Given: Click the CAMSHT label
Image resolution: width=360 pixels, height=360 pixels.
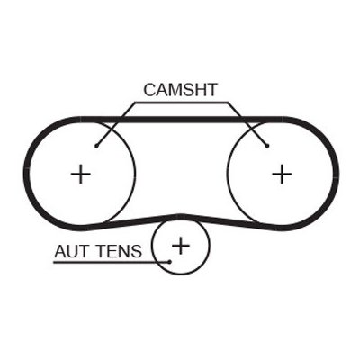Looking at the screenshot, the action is click(x=180, y=90).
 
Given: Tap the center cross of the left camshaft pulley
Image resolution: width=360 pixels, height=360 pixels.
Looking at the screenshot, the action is click(x=81, y=174).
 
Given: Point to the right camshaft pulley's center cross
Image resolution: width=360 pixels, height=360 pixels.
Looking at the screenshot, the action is click(x=282, y=174).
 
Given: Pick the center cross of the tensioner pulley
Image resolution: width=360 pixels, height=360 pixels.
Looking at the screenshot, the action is click(x=181, y=246).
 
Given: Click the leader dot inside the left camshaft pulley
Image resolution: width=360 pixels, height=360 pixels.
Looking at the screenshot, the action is click(x=96, y=146).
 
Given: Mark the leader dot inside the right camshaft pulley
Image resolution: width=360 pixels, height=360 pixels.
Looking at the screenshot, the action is click(x=267, y=146).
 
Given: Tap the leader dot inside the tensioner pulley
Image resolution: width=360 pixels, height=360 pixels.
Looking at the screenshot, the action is click(x=170, y=262).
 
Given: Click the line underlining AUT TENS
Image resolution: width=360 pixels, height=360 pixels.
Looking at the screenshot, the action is click(x=112, y=262).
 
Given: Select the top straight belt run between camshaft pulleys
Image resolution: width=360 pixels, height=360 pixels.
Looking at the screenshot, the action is click(x=182, y=120).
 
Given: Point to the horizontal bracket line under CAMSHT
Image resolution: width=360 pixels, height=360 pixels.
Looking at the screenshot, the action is click(x=182, y=103).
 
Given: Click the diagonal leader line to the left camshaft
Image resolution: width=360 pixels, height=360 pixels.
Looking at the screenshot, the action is click(x=115, y=124).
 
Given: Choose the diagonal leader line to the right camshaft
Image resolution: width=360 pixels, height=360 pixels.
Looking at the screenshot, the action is click(x=247, y=124).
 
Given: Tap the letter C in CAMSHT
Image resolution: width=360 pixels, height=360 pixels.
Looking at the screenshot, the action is click(x=149, y=90).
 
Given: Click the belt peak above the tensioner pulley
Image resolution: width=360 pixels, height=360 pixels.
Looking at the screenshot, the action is click(x=180, y=217).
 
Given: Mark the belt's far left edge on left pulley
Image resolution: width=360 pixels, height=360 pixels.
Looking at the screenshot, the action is click(x=27, y=174).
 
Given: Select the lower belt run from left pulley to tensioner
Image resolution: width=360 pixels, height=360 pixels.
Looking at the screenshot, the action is click(x=133, y=222).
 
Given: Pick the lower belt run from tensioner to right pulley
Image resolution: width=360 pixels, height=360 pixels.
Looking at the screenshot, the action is click(x=228, y=222).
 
